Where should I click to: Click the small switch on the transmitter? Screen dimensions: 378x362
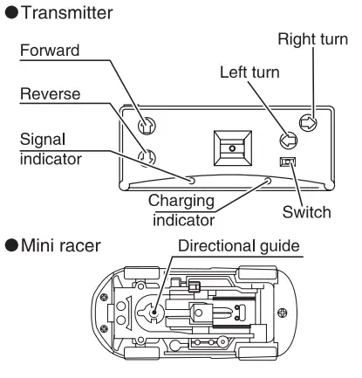tap(284, 162)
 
